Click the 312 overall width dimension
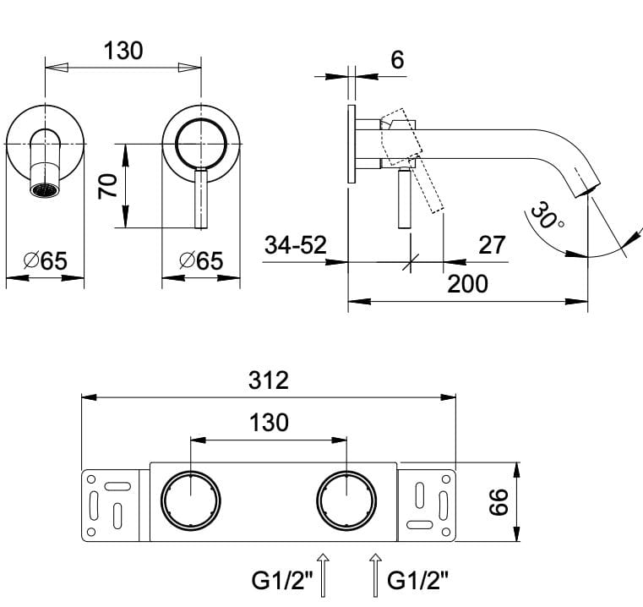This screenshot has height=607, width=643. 270,380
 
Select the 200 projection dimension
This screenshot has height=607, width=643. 467,283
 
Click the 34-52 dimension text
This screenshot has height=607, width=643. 296,245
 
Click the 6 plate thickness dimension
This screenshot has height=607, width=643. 398,60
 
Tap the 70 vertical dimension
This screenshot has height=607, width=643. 107,186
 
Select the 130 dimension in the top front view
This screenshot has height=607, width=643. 123,51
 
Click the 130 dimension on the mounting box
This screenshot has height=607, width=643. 270,422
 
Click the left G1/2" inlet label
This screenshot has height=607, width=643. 284,582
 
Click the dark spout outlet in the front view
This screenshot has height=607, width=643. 46,189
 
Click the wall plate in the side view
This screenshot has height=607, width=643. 351,145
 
